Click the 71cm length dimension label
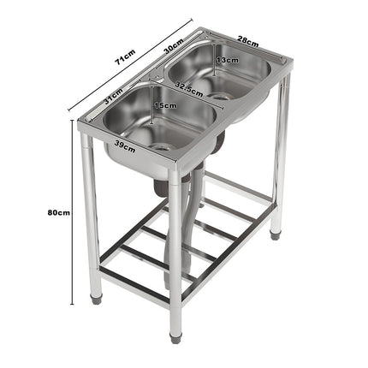click(124, 57)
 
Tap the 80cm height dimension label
click(58, 211)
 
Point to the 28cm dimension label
click(248, 40)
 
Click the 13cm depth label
click(227, 61)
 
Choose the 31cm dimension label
click(114, 99)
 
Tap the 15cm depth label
click(165, 105)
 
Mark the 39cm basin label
click(125, 147)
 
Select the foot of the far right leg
click(275, 233)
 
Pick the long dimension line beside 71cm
click(128, 68)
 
